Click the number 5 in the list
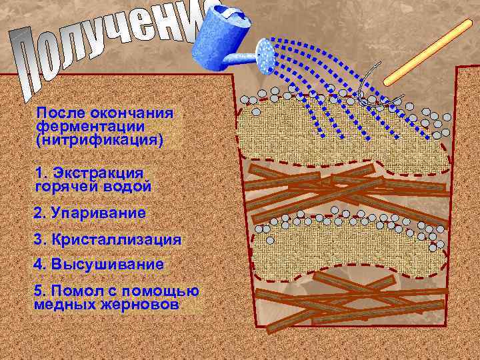(x=37, y=291)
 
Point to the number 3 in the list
(x=37, y=239)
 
